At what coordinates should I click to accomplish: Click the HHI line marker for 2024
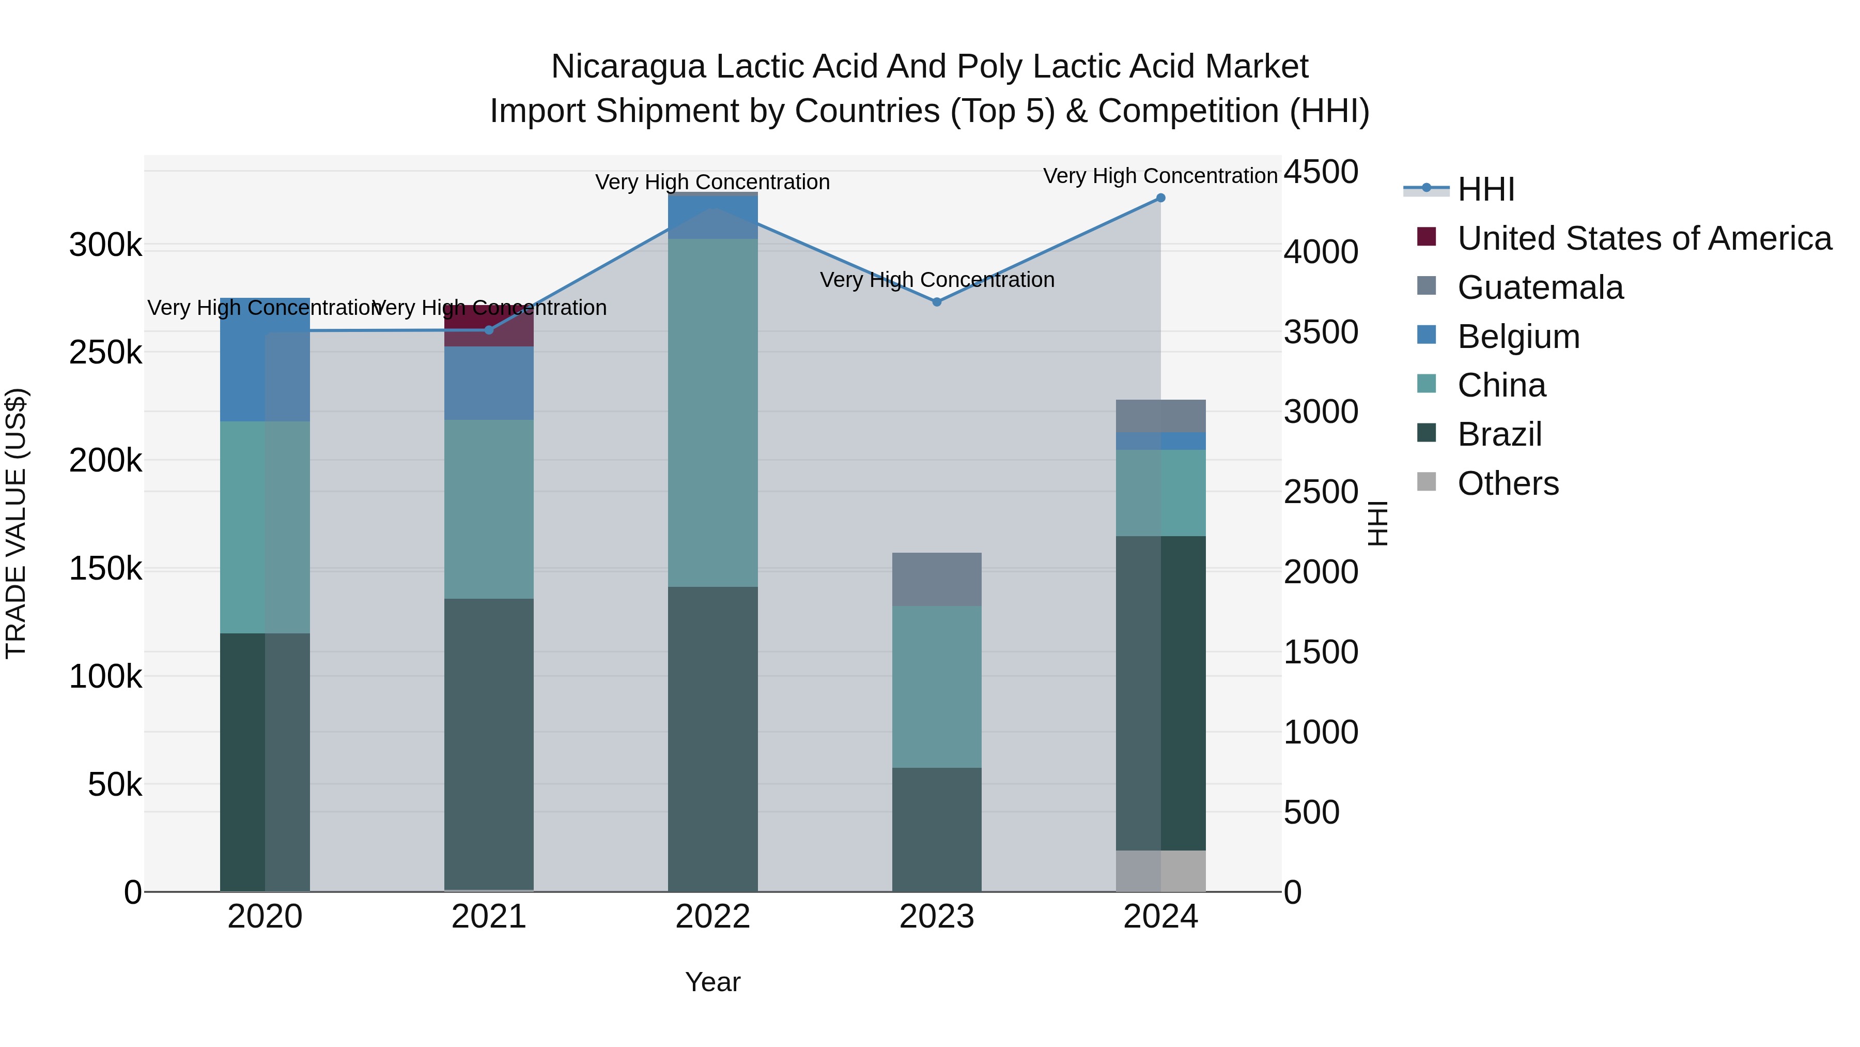point(1160,198)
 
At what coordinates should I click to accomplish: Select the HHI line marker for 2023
point(937,302)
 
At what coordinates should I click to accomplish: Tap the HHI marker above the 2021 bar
point(489,330)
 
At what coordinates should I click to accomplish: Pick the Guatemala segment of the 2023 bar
point(937,580)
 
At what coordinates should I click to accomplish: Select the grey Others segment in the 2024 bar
point(1160,871)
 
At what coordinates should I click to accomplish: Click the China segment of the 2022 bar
point(712,412)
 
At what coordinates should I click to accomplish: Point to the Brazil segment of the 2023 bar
point(937,829)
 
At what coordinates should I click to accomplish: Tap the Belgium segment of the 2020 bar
point(265,359)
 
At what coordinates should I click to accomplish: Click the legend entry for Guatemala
point(1540,287)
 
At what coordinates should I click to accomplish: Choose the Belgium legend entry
point(1518,337)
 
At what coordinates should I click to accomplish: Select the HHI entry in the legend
point(1485,189)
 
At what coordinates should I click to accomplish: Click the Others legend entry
point(1508,483)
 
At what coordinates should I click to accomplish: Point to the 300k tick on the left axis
point(105,246)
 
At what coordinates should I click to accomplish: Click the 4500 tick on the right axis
point(1321,172)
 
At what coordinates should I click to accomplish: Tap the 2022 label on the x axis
point(712,917)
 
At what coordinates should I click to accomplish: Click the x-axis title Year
point(712,982)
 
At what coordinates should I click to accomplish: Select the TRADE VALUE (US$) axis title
point(16,523)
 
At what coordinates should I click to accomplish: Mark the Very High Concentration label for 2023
point(937,280)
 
